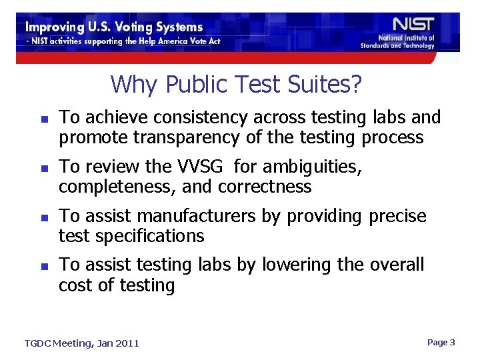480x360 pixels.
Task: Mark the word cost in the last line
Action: click(74, 287)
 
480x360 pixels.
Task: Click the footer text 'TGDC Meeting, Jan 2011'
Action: click(82, 343)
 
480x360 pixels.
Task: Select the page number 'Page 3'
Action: click(441, 342)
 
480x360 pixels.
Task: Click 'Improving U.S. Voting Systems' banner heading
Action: click(114, 27)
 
